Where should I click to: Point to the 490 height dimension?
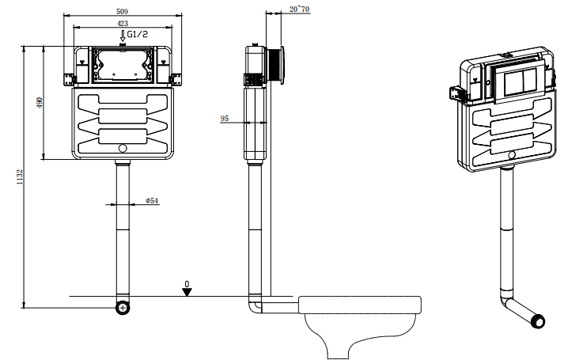pos(38,102)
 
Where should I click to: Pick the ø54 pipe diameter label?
pos(153,201)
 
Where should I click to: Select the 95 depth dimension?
pos(225,118)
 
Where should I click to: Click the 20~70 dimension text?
pos(300,9)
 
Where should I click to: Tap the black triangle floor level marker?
pos(187,292)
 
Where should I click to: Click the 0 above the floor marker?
pos(187,282)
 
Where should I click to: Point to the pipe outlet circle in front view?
pos(122,307)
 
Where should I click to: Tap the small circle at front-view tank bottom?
pos(122,148)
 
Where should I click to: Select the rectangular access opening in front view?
pos(122,64)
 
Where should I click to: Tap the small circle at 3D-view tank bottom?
pos(512,154)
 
